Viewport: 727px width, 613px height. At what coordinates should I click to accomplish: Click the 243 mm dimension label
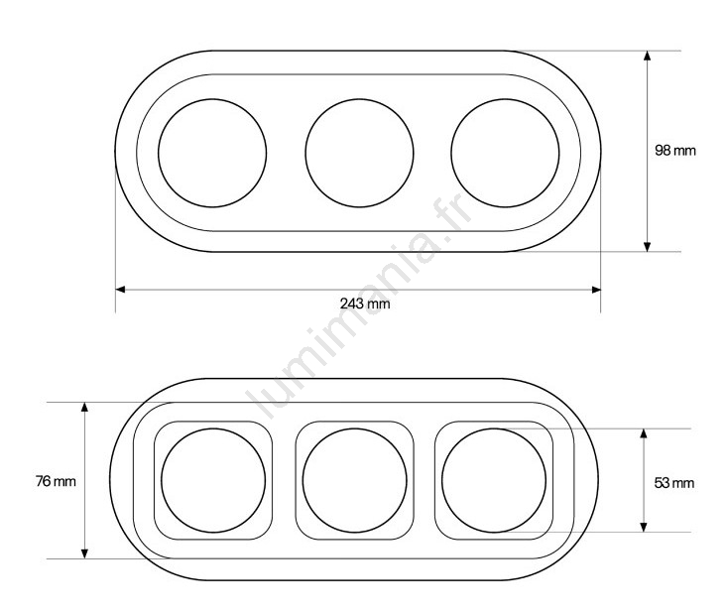tap(365, 304)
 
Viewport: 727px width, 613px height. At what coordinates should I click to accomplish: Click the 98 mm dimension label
tap(675, 150)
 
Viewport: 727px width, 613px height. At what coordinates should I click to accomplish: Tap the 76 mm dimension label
tap(56, 481)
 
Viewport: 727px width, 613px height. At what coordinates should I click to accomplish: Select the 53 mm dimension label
tap(674, 483)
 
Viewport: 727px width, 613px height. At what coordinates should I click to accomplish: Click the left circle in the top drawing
tap(158, 153)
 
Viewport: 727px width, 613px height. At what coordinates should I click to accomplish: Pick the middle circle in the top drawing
tap(305, 153)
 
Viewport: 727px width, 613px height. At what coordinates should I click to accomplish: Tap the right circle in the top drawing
tap(451, 153)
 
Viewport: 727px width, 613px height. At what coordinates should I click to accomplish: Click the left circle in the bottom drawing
tap(162, 480)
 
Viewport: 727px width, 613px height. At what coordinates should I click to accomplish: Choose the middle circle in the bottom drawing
tap(303, 480)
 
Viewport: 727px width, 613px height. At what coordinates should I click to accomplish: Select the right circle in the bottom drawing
tap(442, 480)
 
